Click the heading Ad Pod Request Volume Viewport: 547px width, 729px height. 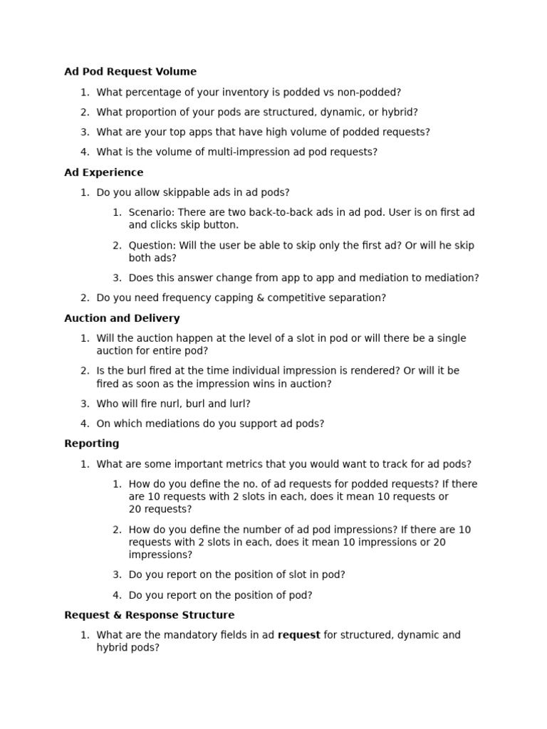130,71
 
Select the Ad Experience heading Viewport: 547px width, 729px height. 103,172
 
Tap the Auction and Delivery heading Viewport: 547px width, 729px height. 122,318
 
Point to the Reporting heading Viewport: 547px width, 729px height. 91,444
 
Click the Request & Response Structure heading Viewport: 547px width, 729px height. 149,615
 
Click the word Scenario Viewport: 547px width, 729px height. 150,212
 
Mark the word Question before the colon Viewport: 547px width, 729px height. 151,246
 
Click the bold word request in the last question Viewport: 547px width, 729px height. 298,635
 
